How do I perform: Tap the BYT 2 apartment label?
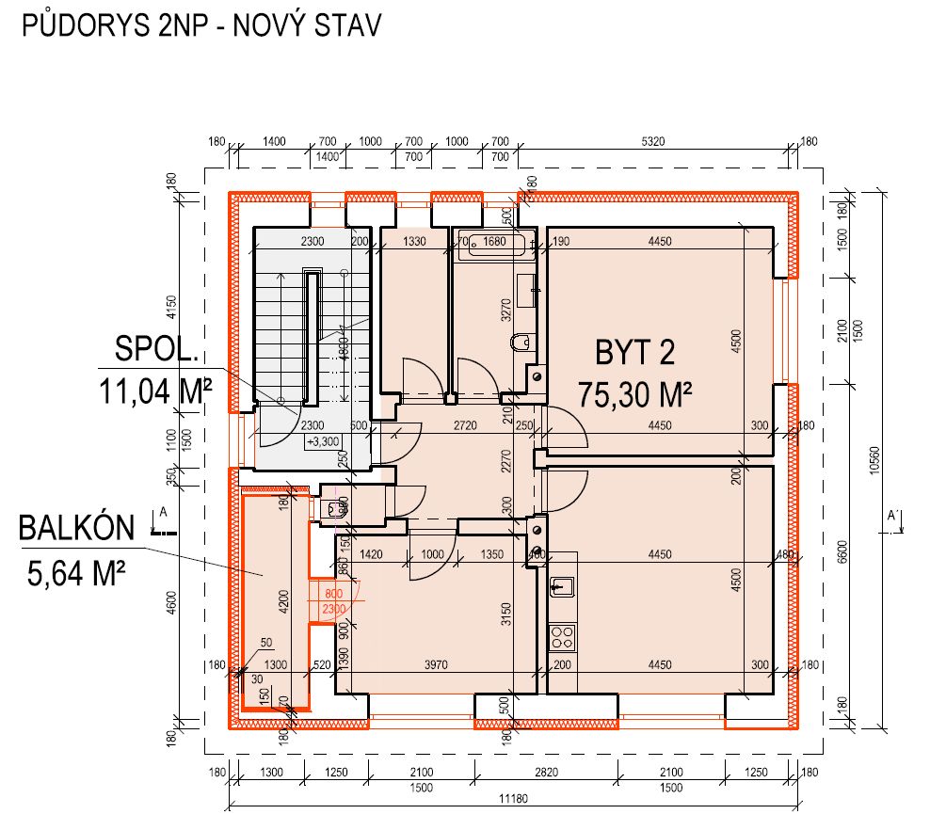tap(635, 353)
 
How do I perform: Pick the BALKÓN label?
tap(77, 528)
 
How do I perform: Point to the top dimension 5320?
tap(653, 141)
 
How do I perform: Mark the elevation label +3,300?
tap(322, 440)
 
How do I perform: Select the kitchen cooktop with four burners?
tap(563, 636)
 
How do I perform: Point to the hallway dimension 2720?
tap(465, 425)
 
